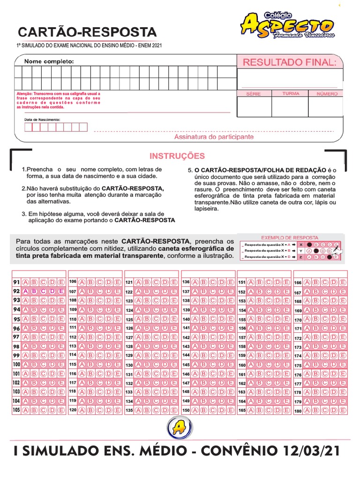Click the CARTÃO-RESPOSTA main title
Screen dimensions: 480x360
click(x=87, y=32)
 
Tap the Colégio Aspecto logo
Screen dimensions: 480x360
click(x=287, y=25)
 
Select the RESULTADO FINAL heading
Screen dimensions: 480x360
click(x=289, y=62)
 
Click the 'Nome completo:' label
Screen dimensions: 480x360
click(x=49, y=61)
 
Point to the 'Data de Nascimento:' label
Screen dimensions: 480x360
click(x=42, y=120)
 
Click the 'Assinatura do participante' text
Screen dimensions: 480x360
click(x=214, y=137)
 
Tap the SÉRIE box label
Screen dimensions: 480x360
click(x=254, y=94)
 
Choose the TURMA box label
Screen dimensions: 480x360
click(x=291, y=94)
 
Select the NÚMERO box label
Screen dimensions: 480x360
click(x=327, y=94)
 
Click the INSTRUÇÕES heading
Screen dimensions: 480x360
click(x=177, y=156)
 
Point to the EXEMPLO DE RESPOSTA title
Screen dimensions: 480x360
click(x=289, y=238)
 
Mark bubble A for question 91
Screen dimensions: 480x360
click(x=26, y=282)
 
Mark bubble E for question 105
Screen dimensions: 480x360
click(x=61, y=410)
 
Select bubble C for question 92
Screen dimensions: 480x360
click(x=44, y=291)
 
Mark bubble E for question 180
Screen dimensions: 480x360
click(x=343, y=411)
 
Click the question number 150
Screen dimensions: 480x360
click(x=186, y=410)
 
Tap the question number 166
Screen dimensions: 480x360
click(x=298, y=283)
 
